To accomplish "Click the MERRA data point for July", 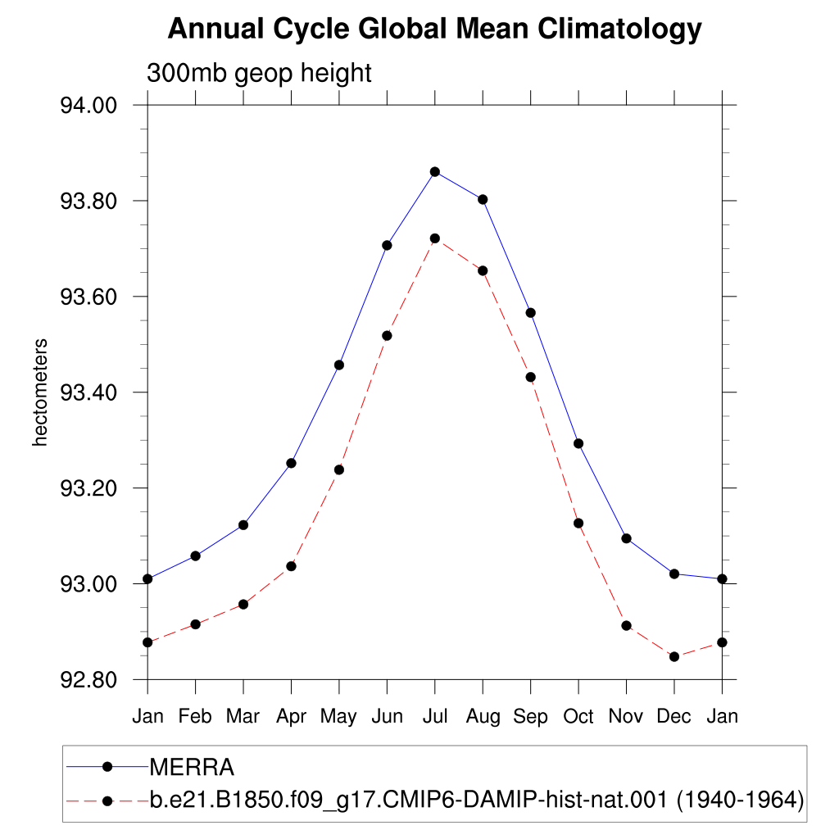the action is tap(435, 172).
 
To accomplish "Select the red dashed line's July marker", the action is tap(435, 238).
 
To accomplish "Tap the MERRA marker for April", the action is tap(291, 463).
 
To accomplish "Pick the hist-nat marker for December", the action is tap(674, 656).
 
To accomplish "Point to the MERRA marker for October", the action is tap(578, 443).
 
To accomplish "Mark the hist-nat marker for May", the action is tap(339, 469).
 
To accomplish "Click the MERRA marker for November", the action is tap(627, 538).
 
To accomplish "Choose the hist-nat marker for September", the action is tap(531, 377).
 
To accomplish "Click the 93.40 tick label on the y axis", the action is tap(88, 392).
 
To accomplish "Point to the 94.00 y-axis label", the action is tap(88, 106).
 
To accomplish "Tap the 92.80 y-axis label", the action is tap(88, 680).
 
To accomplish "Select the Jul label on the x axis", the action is tap(435, 716).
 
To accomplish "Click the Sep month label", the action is tap(531, 717).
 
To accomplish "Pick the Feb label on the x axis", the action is tap(195, 716).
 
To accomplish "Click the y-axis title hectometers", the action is tap(40, 392).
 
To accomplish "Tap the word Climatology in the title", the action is tap(619, 29).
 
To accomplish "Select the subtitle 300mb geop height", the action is tap(259, 73).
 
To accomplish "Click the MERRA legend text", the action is tap(192, 767).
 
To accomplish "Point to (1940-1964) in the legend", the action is tap(740, 800).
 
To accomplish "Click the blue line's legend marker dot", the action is tap(107, 767).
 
